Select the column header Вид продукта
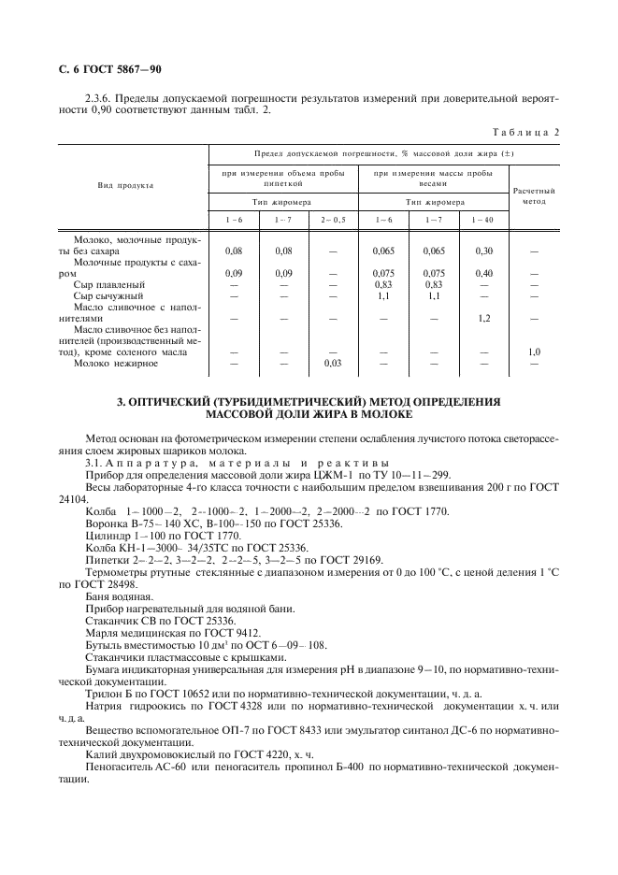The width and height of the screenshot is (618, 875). [125, 186]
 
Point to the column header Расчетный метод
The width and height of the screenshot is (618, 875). [534, 194]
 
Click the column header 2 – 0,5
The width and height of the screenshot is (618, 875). [332, 219]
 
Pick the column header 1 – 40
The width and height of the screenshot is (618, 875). [482, 219]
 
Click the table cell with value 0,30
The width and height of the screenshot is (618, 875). [483, 251]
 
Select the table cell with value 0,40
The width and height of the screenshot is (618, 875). [483, 273]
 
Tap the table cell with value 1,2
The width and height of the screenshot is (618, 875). [483, 318]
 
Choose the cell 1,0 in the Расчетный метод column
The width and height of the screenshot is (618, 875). [534, 351]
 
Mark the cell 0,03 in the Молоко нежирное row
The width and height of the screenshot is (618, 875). [332, 363]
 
